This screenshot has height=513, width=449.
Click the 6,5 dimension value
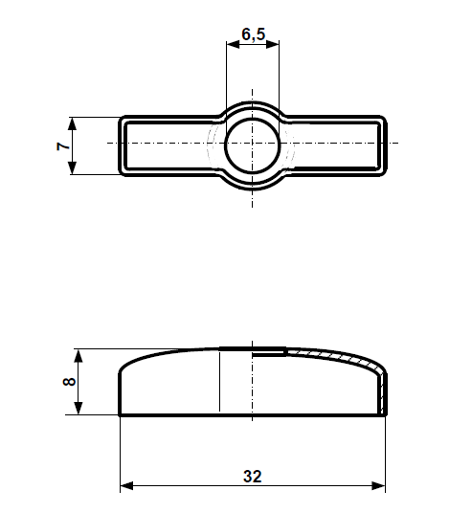254,34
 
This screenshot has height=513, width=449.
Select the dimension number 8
68,382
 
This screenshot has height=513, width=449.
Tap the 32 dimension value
253,476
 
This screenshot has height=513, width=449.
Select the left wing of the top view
163,146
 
